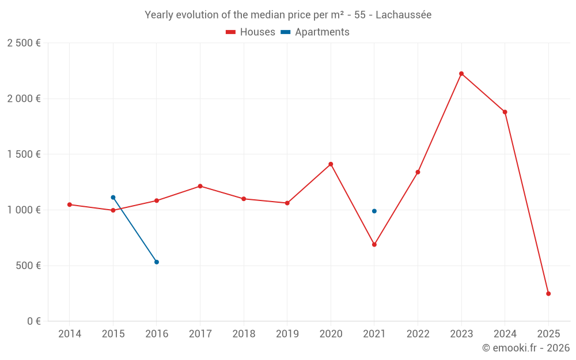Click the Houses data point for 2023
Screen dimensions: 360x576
(x=461, y=74)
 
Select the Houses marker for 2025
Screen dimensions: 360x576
(x=548, y=294)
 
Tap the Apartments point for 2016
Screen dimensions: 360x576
(x=157, y=262)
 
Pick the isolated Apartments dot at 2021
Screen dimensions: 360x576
(x=374, y=211)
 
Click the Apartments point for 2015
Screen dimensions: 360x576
(x=113, y=198)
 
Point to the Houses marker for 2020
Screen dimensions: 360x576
(x=331, y=164)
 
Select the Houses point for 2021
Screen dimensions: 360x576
(x=374, y=245)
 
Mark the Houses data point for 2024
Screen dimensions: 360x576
(x=505, y=112)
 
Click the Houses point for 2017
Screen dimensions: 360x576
(x=200, y=186)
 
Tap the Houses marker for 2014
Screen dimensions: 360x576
(x=70, y=204)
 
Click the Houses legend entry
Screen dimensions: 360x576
(x=251, y=32)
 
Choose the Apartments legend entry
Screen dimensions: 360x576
(x=315, y=32)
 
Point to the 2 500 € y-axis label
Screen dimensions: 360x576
(x=24, y=43)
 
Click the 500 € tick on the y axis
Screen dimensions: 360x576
(x=28, y=266)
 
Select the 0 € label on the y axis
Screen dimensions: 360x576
(x=33, y=321)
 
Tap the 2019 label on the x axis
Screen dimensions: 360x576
(x=287, y=334)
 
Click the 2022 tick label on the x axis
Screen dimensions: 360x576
(x=418, y=334)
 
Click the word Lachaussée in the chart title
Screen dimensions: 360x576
(x=403, y=15)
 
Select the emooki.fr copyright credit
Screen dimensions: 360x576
(x=526, y=348)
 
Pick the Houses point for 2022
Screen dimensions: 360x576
(x=418, y=172)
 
